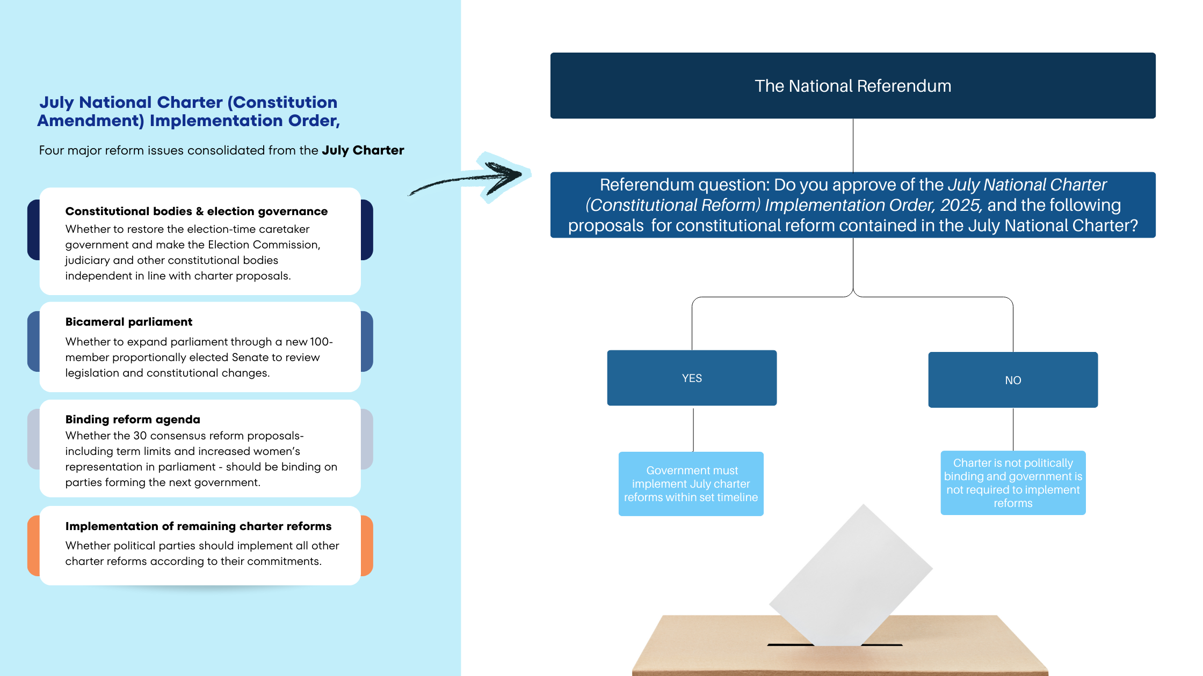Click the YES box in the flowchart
click(692, 378)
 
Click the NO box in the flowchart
click(1013, 380)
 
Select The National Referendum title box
click(853, 86)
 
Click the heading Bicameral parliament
click(129, 322)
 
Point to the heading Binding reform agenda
click(133, 420)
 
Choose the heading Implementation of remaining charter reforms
click(198, 526)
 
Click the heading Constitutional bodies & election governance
click(197, 211)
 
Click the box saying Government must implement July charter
click(691, 484)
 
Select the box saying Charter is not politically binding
click(1013, 483)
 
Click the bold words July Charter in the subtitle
click(363, 150)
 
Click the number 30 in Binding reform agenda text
click(140, 436)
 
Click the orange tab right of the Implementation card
click(367, 546)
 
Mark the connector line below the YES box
click(693, 429)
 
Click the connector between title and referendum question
click(853, 145)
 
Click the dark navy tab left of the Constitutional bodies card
click(33, 230)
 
